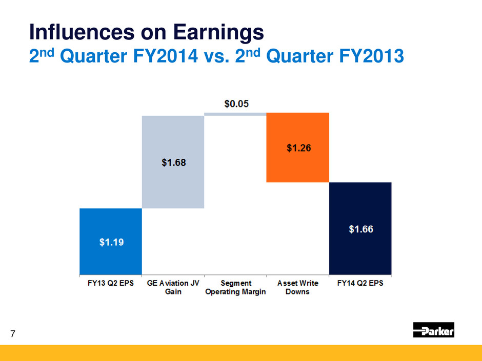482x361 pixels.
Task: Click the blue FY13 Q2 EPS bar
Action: [110, 241]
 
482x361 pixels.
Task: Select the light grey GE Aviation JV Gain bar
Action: [173, 162]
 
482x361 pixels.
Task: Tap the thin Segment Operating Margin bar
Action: [235, 114]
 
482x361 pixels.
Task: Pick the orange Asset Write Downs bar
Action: [298, 147]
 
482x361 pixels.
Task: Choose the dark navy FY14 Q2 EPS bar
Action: [360, 228]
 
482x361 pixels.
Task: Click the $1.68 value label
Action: [173, 163]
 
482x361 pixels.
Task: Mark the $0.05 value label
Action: [236, 103]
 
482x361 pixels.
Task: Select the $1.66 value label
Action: [360, 229]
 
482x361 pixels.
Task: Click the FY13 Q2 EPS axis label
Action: [110, 283]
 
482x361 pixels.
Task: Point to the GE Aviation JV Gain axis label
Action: [173, 287]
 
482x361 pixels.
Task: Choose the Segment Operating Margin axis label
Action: [235, 287]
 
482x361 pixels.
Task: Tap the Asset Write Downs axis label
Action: [298, 287]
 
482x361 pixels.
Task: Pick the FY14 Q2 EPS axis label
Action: [360, 283]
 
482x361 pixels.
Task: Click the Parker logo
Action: [434, 330]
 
